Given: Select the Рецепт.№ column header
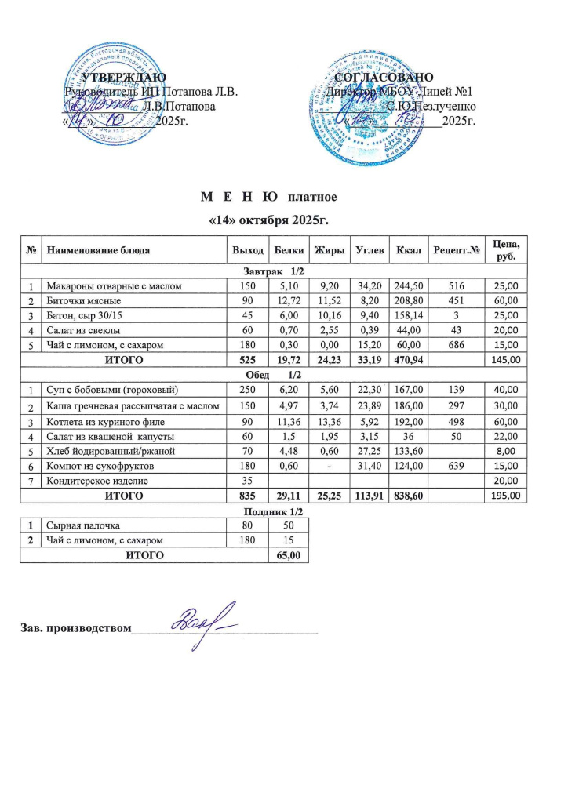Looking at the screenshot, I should pyautogui.click(x=457, y=250).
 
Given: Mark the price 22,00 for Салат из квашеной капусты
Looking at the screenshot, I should pyautogui.click(x=508, y=436).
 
